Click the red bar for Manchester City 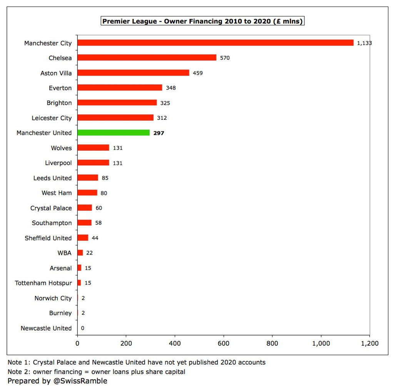tap(215, 43)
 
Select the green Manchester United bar tap(114, 133)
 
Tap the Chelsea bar tap(147, 58)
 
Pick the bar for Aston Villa tap(133, 73)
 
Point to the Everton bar tap(120, 88)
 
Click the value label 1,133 tap(364, 43)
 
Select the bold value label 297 tap(159, 133)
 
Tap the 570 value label tap(225, 58)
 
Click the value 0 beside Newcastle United tap(83, 328)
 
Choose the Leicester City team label tap(52, 118)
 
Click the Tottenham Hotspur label tap(43, 283)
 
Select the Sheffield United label tap(48, 238)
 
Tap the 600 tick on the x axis tap(224, 343)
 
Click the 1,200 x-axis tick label tap(369, 343)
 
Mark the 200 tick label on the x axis tap(126, 343)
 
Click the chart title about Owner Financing tap(203, 21)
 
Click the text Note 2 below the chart tap(18, 372)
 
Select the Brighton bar tap(117, 103)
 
